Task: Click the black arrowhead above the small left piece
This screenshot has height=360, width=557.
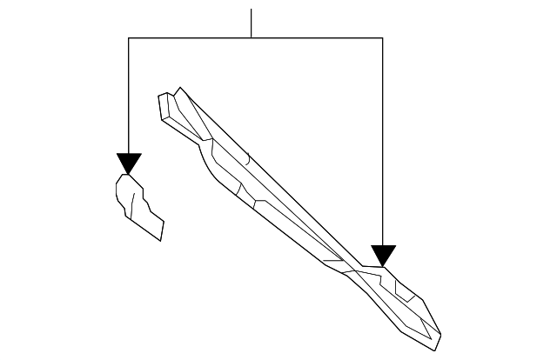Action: [128, 163]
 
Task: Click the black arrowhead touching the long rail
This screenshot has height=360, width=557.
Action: [383, 255]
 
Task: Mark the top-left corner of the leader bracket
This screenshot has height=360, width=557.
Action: [128, 37]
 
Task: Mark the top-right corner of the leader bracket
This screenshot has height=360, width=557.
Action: [383, 37]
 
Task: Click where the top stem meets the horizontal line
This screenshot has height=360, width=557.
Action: [252, 37]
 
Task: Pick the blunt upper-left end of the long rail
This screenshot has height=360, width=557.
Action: [164, 104]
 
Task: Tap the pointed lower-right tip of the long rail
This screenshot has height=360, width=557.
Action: [438, 340]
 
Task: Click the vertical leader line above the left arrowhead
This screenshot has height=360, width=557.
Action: [128, 96]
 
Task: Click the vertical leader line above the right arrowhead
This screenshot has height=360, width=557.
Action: [383, 139]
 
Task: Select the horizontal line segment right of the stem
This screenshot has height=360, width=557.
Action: [318, 37]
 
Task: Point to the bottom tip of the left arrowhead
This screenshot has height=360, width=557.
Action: [128, 175]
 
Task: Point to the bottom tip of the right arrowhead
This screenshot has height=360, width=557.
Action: [383, 266]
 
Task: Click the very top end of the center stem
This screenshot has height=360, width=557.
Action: [252, 10]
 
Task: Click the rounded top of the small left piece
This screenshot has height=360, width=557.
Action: [127, 178]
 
